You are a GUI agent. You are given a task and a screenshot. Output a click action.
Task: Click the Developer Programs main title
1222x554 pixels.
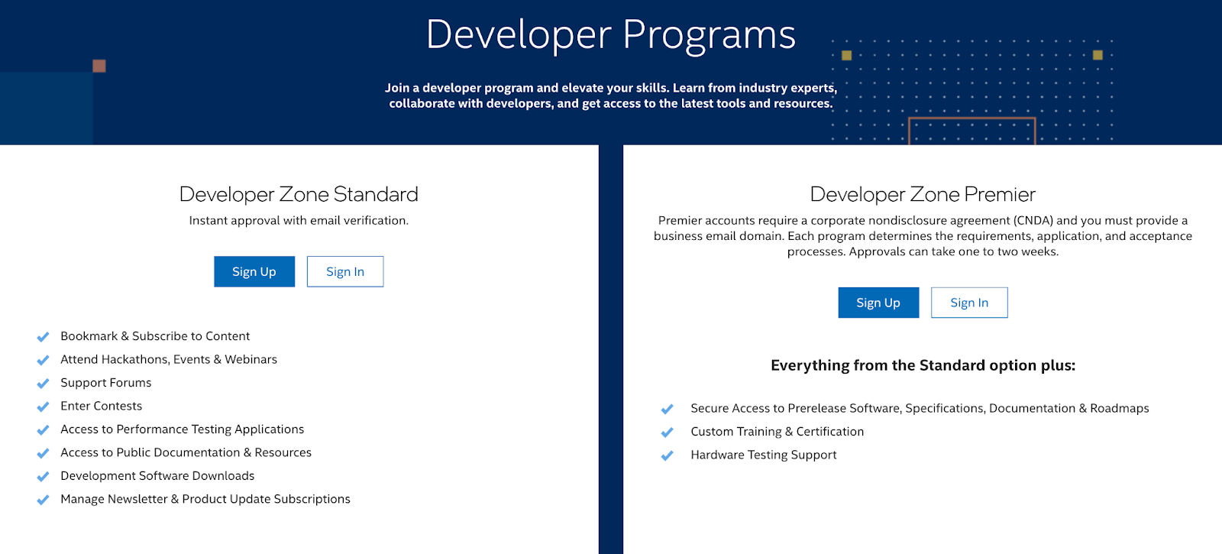(x=610, y=35)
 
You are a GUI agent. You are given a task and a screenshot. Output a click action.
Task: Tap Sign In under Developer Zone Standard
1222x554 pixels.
(x=345, y=271)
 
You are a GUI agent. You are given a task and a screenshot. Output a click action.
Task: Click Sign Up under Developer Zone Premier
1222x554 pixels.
(x=878, y=303)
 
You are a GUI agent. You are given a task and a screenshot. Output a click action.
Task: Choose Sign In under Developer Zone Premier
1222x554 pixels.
(x=969, y=303)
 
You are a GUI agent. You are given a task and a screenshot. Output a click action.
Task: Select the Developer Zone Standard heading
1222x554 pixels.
(x=299, y=194)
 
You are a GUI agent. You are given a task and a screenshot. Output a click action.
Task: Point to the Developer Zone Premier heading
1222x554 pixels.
(x=923, y=194)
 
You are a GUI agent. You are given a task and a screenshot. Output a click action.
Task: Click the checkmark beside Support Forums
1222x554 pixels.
(x=43, y=383)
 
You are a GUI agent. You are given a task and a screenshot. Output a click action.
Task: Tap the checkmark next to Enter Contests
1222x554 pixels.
(x=43, y=407)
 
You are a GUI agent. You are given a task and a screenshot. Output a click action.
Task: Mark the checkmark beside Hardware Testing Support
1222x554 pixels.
(x=667, y=455)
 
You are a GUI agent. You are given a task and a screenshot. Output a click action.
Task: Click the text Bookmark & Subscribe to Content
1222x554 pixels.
(x=155, y=336)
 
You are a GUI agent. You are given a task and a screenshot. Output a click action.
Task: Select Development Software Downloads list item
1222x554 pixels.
(x=157, y=476)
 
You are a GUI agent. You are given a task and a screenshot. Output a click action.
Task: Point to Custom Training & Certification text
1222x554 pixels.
(x=777, y=432)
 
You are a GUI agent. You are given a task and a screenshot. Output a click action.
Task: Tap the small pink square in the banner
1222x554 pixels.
(x=99, y=66)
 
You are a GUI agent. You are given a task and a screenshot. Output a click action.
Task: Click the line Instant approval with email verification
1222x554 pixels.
(x=299, y=221)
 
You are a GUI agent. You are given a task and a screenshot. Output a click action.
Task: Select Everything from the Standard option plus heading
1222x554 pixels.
(x=923, y=365)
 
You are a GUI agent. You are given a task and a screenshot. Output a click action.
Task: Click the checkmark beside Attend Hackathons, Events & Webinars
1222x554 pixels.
(x=43, y=360)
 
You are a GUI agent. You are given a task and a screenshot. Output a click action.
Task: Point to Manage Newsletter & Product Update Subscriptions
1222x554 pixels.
(x=205, y=499)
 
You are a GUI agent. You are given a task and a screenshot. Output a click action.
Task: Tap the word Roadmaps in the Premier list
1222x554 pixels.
(x=1120, y=408)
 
